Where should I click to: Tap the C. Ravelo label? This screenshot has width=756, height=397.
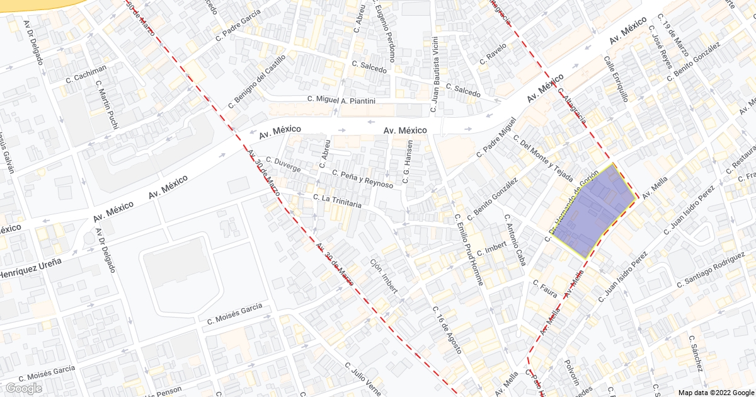tap(493, 54)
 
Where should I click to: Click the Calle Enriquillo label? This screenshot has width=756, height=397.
tap(617, 79)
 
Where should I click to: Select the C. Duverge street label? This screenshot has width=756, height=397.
tap(283, 164)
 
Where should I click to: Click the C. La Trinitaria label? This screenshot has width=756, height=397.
tap(337, 201)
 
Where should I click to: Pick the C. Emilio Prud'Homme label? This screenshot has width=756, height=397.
tap(469, 250)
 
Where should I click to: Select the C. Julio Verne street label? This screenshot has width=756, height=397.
tap(364, 378)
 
